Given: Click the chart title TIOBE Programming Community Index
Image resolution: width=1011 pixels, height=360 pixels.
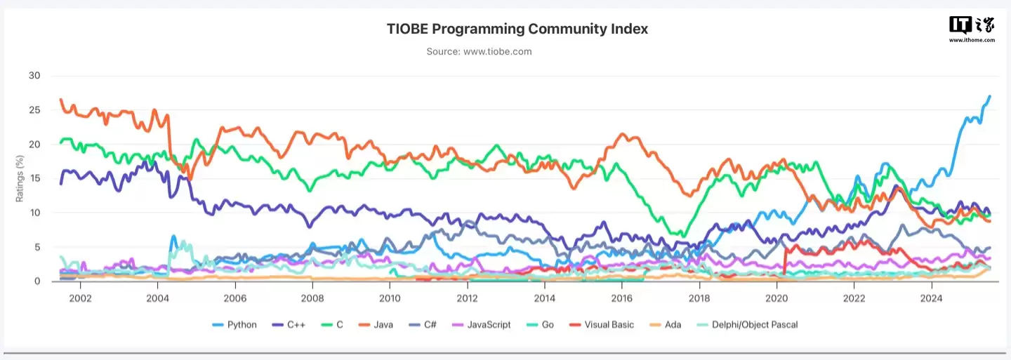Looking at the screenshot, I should [517, 29].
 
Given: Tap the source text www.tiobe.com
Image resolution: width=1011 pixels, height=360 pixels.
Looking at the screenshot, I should [479, 51].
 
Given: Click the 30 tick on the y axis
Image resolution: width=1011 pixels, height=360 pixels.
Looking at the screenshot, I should [34, 76].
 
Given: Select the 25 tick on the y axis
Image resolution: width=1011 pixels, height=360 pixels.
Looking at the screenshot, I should [34, 110].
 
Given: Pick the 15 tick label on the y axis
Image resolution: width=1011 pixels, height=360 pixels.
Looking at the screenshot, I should [34, 179].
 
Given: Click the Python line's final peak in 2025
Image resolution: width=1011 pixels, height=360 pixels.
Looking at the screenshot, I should [989, 96].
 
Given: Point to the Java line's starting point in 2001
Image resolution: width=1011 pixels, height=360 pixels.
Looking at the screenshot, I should [61, 100].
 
